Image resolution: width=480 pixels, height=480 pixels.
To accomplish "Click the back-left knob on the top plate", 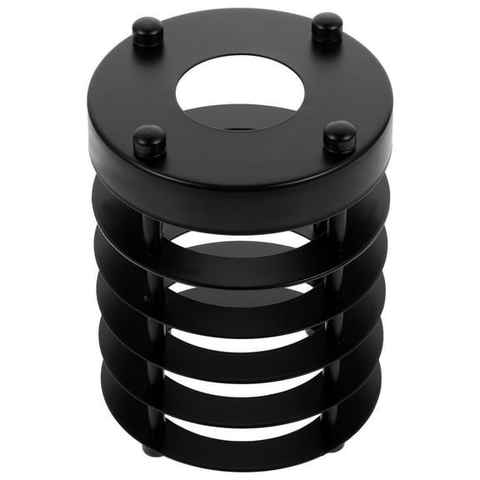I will (147, 31).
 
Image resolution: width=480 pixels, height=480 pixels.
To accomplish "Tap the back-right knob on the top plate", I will (327, 28).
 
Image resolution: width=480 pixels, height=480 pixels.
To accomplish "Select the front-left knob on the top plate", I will (149, 140).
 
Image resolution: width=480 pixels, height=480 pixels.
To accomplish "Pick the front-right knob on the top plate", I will (340, 135).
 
